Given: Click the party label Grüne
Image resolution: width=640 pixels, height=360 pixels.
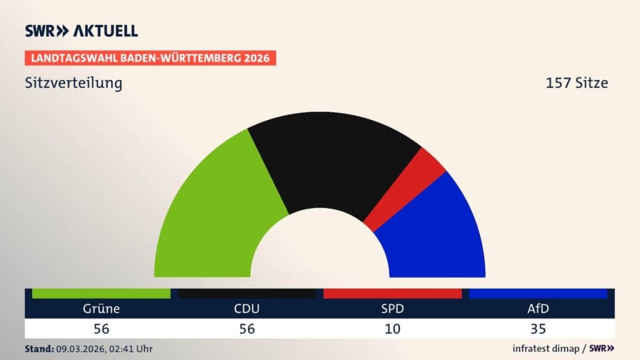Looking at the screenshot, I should coord(101,309).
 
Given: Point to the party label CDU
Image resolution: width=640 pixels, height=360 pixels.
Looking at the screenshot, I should coord(247,309).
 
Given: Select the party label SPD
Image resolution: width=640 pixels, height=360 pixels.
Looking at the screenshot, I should coord(392,309).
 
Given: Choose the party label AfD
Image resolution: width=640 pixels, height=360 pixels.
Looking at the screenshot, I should coord(538,309).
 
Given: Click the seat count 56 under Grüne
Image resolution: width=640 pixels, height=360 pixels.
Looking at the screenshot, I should coord(101,329).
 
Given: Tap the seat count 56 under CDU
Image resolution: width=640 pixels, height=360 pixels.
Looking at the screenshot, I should coord(247,329).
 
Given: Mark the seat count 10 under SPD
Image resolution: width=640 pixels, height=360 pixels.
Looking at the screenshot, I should coord(392,329).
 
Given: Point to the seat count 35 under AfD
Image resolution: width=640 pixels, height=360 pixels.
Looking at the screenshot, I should coord(538,329).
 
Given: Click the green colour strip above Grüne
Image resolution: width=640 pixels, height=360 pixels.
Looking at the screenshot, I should coord(101,294).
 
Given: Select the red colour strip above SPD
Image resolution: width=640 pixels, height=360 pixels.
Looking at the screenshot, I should coord(392,294).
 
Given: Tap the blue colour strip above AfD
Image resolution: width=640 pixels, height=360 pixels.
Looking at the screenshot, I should coord(538,294).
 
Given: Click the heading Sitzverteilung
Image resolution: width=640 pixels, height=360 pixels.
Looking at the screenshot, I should coord(74,83).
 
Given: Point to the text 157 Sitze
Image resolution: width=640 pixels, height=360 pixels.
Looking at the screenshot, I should coord(576,83).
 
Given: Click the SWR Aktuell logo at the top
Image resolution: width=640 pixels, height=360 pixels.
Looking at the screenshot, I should coord(81,31).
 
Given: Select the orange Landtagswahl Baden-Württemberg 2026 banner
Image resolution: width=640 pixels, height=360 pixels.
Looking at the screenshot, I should coord(150,58).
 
